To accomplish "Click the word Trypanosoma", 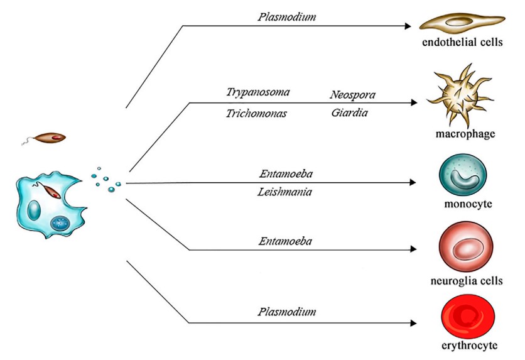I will point(258,92).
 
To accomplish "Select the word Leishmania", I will point(286,192).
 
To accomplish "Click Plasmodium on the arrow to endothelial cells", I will point(286,16).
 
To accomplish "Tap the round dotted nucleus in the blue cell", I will point(60,222).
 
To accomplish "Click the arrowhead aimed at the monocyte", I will point(412,183).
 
